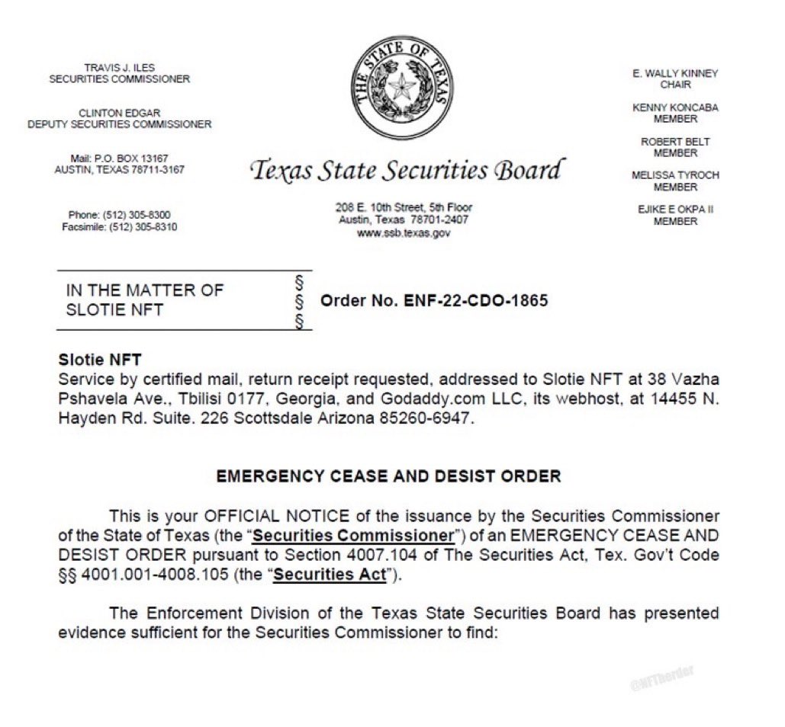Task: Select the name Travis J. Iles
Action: pyautogui.click(x=119, y=68)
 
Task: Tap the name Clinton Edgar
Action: pyautogui.click(x=119, y=113)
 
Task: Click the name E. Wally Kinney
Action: pyautogui.click(x=675, y=73)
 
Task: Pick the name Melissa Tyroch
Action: pyautogui.click(x=675, y=175)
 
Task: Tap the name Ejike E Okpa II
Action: pyautogui.click(x=675, y=210)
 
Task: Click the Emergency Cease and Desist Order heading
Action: pyautogui.click(x=388, y=476)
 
